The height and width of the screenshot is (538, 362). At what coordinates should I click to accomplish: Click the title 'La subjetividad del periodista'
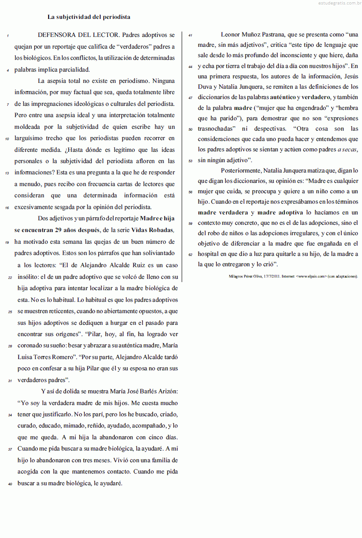pos(89,17)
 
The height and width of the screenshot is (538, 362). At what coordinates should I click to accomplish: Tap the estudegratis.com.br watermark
pos(335,3)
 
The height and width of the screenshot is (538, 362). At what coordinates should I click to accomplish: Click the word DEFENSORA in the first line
pos(56,35)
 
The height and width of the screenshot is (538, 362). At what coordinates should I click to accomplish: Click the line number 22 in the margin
pos(9,278)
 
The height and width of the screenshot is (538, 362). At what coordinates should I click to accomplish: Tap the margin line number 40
pos(9,484)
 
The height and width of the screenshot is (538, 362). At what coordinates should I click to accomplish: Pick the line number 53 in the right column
pos(191,160)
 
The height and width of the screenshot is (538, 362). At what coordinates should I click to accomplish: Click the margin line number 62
pos(191,255)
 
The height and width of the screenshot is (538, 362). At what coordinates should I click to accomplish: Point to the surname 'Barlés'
pos(142,391)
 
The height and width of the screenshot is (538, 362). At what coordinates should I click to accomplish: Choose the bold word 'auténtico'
pos(283,97)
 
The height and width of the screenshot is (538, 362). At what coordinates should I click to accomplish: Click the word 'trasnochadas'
pos(215,129)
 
